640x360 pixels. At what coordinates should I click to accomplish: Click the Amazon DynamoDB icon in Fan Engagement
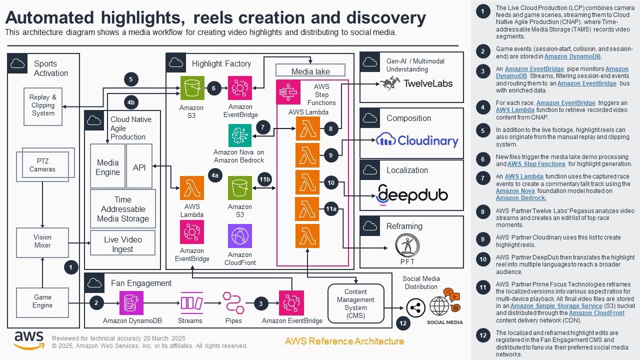(131, 303)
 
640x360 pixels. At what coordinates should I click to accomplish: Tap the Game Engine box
(42, 301)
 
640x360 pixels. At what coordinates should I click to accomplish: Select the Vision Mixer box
(42, 242)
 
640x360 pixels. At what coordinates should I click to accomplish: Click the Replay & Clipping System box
(43, 105)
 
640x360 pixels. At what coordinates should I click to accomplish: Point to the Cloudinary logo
(416, 140)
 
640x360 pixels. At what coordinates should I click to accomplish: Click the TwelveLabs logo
(416, 83)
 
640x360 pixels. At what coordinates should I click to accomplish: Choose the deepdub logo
(412, 194)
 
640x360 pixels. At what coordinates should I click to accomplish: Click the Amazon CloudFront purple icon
(240, 236)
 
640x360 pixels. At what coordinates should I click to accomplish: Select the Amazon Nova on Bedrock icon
(240, 135)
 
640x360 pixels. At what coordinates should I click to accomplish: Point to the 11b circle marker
(264, 179)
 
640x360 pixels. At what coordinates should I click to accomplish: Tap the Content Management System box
(355, 303)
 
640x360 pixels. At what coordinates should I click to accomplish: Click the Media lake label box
(310, 71)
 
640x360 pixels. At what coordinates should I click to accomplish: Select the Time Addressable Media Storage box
(122, 209)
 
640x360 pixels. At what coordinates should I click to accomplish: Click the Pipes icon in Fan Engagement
(233, 303)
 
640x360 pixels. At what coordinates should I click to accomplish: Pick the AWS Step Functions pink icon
(288, 92)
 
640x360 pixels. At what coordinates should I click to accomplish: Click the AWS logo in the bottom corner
(28, 339)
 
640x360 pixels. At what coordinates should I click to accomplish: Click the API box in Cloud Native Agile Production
(139, 167)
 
